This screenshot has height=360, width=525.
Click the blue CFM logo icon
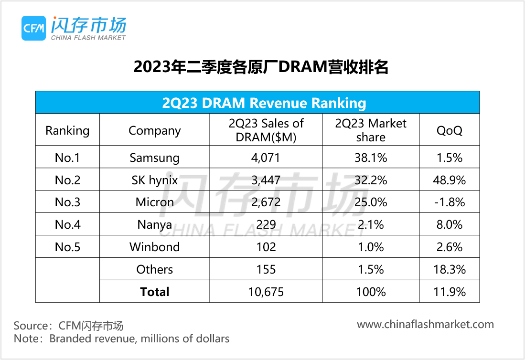[x=33, y=28]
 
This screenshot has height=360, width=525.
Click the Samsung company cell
[x=154, y=158]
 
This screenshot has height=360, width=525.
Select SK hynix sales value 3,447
[x=266, y=180]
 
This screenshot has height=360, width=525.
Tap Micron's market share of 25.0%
[x=371, y=202]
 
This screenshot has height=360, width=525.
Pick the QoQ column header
[x=450, y=130]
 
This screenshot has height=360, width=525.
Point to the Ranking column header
[x=67, y=130]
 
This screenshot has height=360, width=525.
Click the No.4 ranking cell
[x=67, y=224]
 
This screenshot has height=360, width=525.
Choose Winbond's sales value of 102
[x=266, y=247]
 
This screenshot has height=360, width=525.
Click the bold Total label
[x=154, y=292]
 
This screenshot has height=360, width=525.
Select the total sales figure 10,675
[x=266, y=292]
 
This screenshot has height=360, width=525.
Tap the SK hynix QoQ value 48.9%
[x=450, y=180]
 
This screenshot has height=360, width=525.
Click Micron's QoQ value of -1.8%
[x=450, y=202]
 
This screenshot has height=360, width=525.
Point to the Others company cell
[x=154, y=269]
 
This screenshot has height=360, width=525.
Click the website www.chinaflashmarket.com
[x=425, y=324]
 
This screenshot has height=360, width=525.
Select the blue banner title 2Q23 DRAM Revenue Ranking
[x=264, y=103]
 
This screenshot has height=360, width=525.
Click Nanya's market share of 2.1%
[x=371, y=224]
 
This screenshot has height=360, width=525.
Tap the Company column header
[x=154, y=130]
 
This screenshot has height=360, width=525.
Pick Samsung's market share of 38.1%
[x=371, y=158]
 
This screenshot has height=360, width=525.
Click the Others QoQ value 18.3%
[x=450, y=269]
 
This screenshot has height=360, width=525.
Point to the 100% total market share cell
[x=371, y=292]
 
